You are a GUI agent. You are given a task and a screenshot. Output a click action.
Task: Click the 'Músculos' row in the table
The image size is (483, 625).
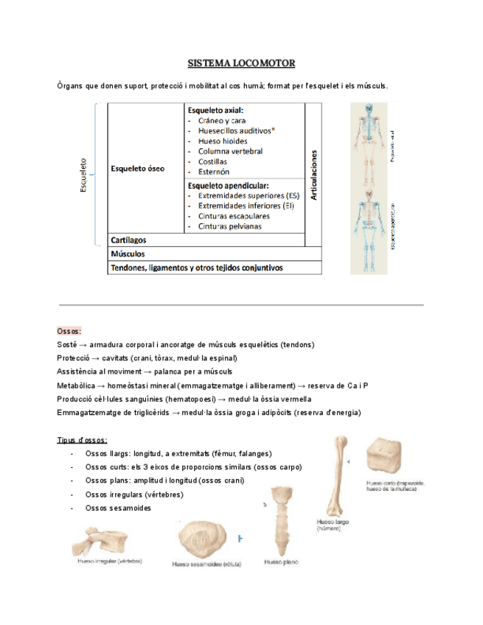pos(128,254)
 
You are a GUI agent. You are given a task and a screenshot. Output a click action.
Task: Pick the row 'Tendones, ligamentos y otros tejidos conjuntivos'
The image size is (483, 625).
pos(196,268)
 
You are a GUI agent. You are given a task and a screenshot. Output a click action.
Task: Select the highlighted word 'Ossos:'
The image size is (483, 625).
pos(69,331)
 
